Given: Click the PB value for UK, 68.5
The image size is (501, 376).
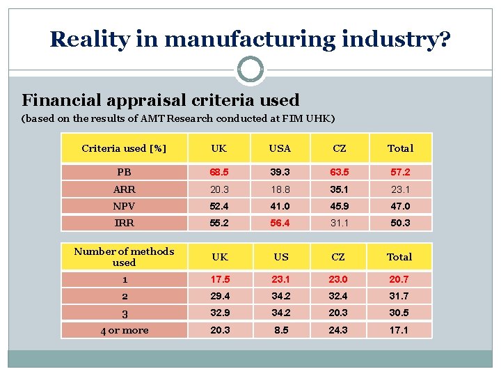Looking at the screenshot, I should coord(220,172).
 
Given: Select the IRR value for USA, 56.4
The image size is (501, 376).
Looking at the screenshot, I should coord(280,224).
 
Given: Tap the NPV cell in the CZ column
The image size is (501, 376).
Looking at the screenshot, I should coord(337,206).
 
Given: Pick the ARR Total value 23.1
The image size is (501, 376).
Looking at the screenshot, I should coord(400,189).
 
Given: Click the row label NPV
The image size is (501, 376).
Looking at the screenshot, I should coord(124,206).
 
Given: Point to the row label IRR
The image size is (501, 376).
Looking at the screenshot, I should coord(124,224).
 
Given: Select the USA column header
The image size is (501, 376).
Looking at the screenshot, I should coord(280,148).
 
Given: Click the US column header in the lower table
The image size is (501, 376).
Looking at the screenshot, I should coord(280,257).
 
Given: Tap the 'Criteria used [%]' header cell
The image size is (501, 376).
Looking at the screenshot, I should coord(124,148).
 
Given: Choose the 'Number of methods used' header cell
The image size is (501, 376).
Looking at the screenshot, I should coord(124,257).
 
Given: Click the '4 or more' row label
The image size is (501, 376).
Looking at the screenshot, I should coord(124,330).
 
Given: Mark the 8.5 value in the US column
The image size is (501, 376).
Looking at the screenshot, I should coord(280,330).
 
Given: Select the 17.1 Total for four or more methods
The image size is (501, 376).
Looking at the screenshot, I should coord(399,330).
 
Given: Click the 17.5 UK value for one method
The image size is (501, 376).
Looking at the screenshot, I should coord(220,279).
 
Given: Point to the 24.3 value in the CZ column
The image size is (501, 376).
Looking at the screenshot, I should coord(337,330).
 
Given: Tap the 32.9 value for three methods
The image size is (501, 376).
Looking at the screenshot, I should coord(220,313).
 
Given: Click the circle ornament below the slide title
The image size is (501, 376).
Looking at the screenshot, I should coord(250,70).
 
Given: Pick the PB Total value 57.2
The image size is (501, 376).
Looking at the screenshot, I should coord(400,172).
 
